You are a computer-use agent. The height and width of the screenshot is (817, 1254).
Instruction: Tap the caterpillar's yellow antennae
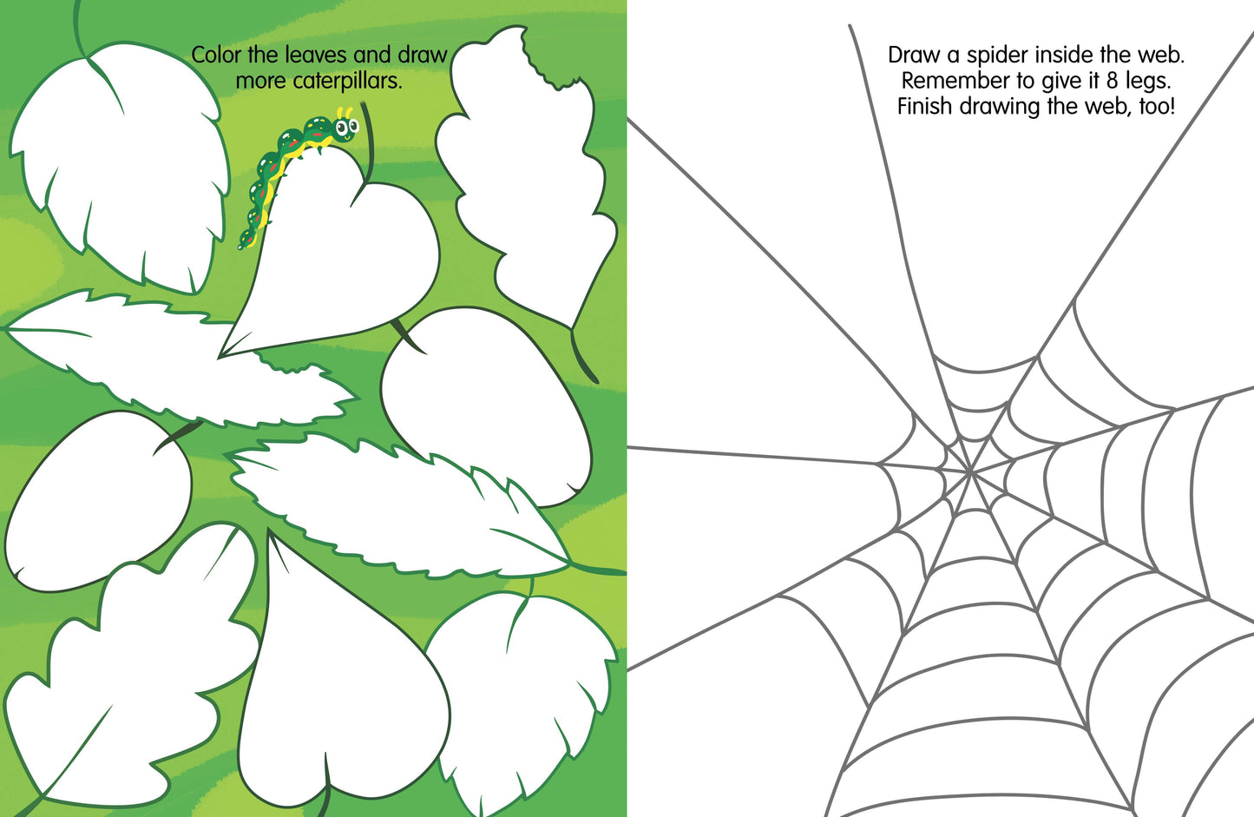pos(345,113)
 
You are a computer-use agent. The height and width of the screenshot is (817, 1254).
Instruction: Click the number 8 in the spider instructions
pos(1112,81)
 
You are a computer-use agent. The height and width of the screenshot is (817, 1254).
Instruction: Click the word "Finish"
pos(925,106)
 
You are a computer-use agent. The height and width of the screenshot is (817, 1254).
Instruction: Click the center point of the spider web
pos(969,473)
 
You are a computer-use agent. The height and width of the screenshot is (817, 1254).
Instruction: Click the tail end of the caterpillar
pos(242,244)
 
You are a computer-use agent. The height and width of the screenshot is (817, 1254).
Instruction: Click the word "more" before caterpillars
pos(261,82)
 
